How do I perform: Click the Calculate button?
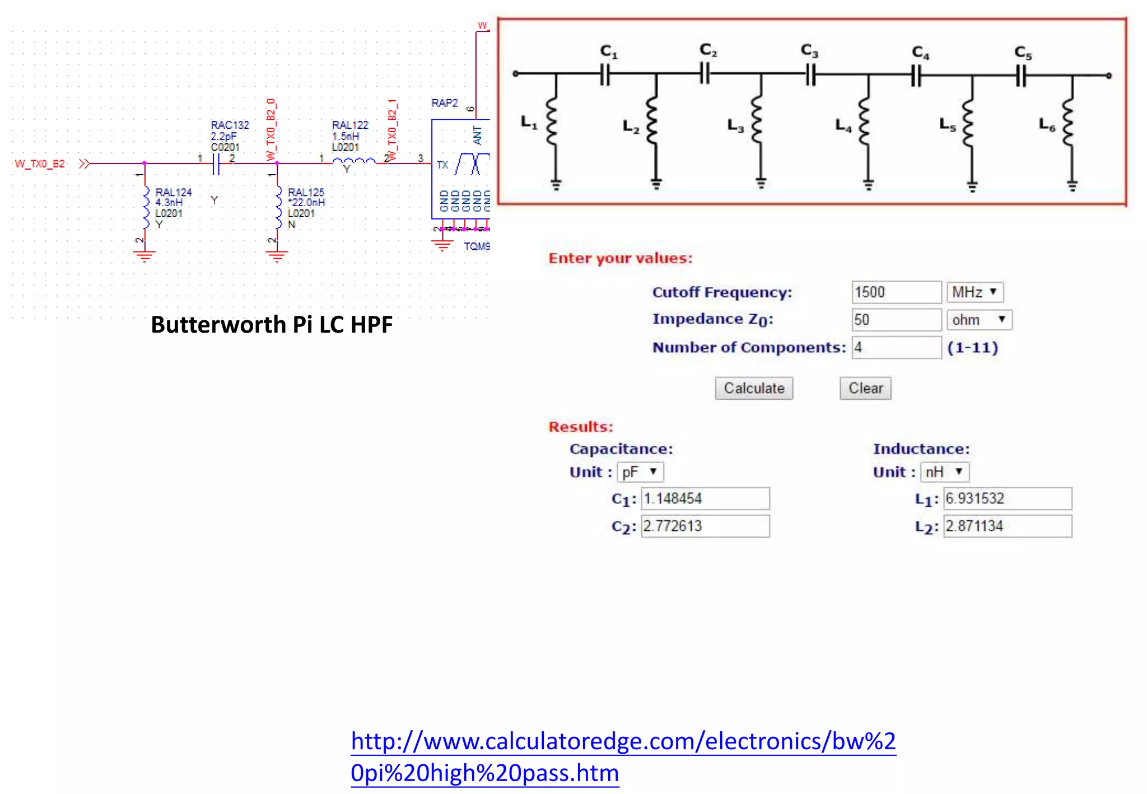(754, 388)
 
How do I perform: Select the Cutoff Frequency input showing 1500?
(896, 292)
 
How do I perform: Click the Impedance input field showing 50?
(896, 320)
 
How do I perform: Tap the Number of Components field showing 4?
(896, 348)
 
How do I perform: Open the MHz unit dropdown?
(975, 292)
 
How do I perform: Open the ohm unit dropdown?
(979, 320)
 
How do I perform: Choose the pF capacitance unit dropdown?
(640, 472)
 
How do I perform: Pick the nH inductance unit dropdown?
(944, 471)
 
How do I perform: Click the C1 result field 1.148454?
(705, 498)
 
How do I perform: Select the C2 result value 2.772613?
(705, 526)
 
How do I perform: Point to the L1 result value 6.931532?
(1007, 498)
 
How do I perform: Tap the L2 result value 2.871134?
(1007, 526)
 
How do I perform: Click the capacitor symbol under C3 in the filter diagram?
(810, 74)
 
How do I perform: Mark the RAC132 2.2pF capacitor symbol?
(216, 164)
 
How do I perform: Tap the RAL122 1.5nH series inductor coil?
(354, 162)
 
